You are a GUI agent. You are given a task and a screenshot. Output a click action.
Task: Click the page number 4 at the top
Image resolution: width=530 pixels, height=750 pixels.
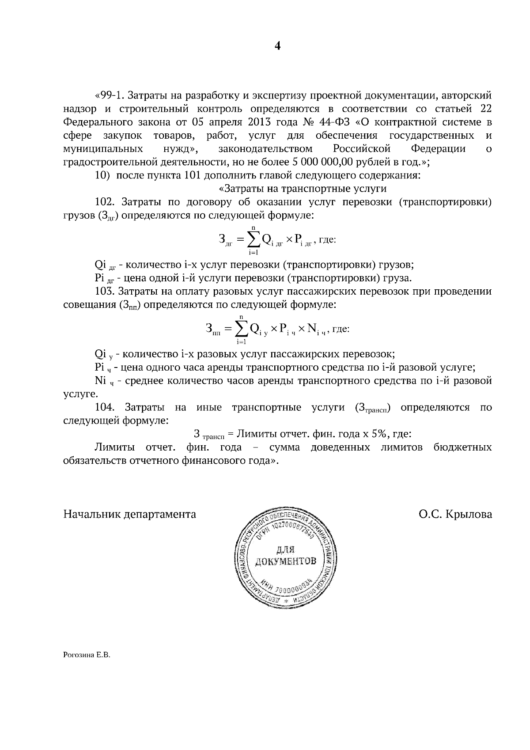point(277,46)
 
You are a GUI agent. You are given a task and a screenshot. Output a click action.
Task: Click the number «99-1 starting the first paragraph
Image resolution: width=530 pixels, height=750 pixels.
point(108,95)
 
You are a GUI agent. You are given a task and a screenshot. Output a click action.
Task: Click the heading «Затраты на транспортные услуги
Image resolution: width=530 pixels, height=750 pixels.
point(303,189)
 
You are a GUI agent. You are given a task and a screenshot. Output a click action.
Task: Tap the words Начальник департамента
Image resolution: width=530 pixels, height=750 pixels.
point(130,515)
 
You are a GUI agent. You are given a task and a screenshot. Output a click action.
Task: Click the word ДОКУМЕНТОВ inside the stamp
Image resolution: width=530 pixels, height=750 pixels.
point(286,561)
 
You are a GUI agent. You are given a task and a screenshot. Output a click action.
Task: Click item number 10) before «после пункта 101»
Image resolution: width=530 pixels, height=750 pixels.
point(102,175)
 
